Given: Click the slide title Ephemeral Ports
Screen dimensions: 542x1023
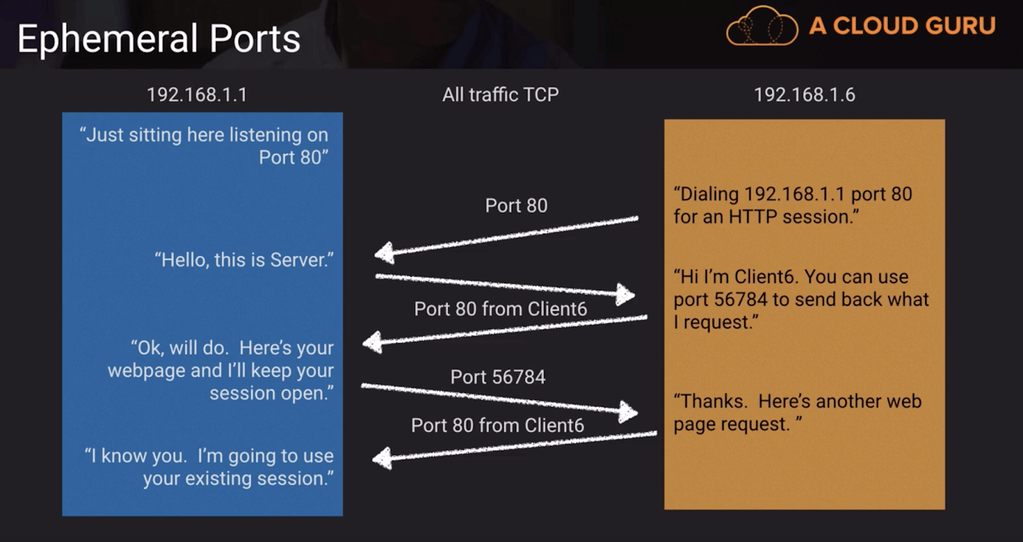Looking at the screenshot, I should click(x=159, y=38).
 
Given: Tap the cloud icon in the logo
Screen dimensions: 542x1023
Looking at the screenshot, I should click(x=761, y=26).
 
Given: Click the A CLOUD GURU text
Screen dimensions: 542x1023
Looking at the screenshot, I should click(x=902, y=26).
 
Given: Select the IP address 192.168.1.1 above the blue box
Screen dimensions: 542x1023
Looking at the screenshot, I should click(x=197, y=95).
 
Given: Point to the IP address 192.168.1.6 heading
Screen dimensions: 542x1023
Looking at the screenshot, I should click(x=804, y=95).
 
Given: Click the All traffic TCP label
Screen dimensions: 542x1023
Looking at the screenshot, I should click(x=501, y=95).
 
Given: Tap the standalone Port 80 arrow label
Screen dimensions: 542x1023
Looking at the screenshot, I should click(x=516, y=205).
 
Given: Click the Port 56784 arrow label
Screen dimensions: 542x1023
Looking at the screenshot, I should click(x=498, y=376).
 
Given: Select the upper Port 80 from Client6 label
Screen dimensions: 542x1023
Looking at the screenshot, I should click(x=501, y=309).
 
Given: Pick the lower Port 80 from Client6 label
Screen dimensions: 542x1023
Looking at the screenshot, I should click(x=497, y=425).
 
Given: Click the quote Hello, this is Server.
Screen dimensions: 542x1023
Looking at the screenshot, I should click(x=244, y=259).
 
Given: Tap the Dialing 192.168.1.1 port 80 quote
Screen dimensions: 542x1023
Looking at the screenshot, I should click(x=793, y=205).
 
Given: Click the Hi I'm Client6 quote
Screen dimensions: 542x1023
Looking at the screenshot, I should click(x=800, y=299).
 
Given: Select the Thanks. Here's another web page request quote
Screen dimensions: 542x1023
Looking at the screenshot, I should click(x=797, y=412).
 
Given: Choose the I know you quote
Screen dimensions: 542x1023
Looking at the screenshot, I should click(x=210, y=467).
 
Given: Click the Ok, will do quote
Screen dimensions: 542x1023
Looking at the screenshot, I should click(x=221, y=370).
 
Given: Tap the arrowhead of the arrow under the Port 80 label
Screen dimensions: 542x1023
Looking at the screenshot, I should click(x=384, y=253).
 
